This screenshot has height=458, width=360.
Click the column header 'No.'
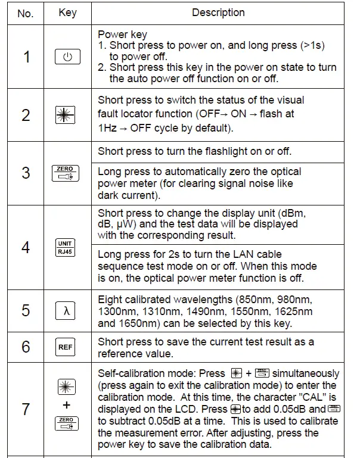coord(26,13)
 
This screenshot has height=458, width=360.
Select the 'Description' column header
coord(218,13)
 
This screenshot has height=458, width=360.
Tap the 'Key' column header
coord(67,13)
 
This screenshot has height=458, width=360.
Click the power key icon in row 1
coord(67,57)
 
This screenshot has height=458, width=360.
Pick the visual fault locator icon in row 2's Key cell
coord(67,116)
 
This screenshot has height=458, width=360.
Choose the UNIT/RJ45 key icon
coord(66,247)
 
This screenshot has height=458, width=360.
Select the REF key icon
coord(66,347)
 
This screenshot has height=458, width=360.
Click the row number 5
coord(26,311)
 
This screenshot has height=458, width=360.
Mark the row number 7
coord(26,409)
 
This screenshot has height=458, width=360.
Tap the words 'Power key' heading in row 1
coord(123,35)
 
